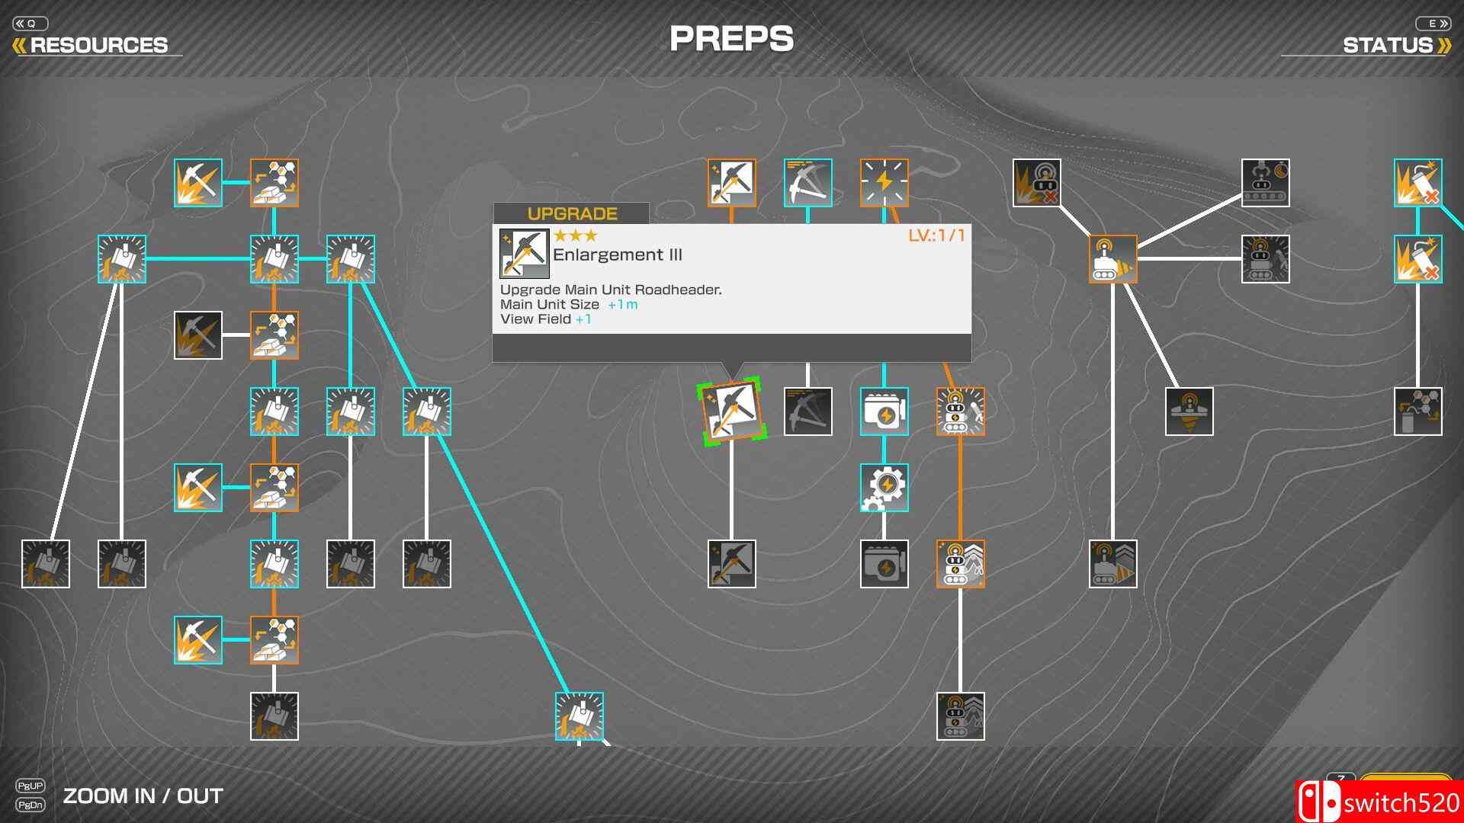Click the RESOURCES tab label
pos(98,45)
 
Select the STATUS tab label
pos(1387,45)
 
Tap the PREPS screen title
pos(731,39)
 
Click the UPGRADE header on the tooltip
pos(572,213)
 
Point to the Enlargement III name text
pos(618,255)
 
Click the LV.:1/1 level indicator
pos(936,235)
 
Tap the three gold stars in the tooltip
pos(576,235)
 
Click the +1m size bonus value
pos(623,304)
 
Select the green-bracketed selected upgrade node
pos(731,411)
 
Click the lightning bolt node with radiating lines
pos(884,182)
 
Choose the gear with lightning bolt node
pos(884,487)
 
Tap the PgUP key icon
pos(30,785)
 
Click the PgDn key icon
pos(30,804)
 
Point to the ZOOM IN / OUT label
pos(143,796)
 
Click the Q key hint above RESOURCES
pos(30,24)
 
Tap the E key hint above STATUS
pos(1433,24)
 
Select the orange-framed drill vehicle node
pos(1112,258)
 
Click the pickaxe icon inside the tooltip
pos(524,253)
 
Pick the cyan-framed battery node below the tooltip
pos(884,411)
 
